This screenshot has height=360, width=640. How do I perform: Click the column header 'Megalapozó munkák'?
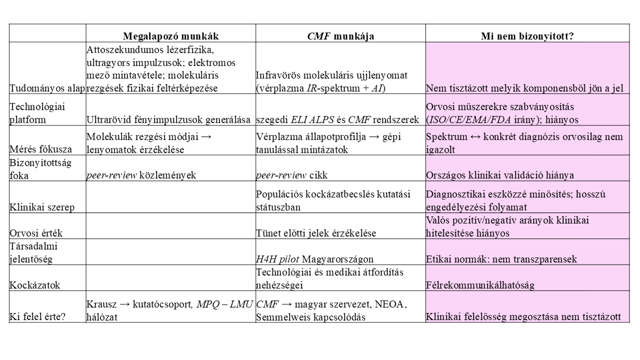pos(171,36)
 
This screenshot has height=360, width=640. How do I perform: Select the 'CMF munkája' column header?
pos(340,36)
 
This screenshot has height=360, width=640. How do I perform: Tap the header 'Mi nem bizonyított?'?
pos(527,36)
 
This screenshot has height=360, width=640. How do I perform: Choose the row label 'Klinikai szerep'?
pos(42,207)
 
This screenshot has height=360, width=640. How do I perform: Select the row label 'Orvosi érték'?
pos(36,233)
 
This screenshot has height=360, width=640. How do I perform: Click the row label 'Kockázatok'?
pos(35,285)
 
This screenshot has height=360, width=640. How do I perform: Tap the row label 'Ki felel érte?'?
pos(37,317)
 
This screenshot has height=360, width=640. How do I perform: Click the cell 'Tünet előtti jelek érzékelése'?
pos(316,233)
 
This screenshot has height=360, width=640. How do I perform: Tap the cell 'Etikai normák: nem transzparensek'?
pos(501,259)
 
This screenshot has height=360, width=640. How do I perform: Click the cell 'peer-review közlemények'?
pos(141,175)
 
